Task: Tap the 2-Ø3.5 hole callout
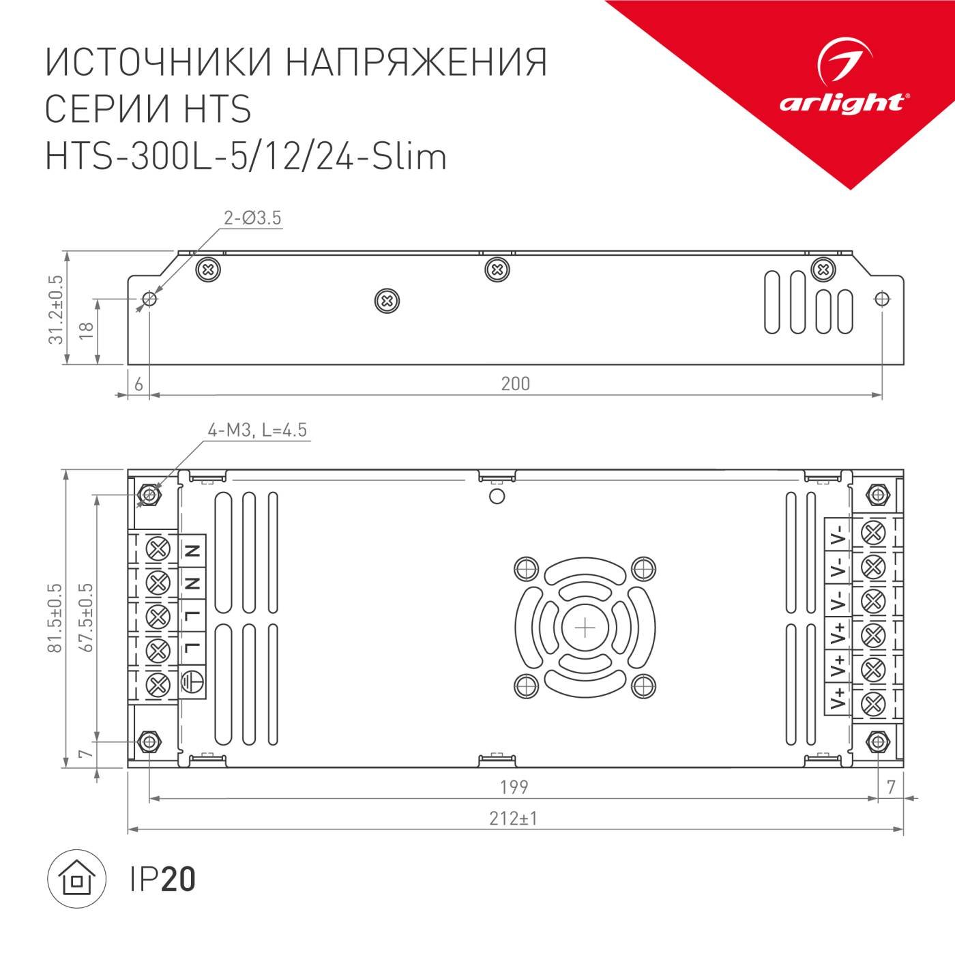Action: (252, 218)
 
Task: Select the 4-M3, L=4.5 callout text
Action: (257, 430)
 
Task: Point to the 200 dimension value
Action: (515, 384)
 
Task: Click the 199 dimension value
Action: (514, 787)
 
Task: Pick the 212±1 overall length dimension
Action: (514, 818)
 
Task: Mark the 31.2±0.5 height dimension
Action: (55, 309)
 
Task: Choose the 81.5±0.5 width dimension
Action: (55, 617)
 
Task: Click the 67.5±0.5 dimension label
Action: (86, 617)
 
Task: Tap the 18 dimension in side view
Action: (86, 332)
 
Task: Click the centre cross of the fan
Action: (585, 627)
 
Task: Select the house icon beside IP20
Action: (76, 879)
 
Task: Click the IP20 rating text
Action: (162, 879)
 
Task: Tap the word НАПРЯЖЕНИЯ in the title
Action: (415, 63)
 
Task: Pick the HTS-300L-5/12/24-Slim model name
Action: (246, 156)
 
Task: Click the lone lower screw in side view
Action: (387, 300)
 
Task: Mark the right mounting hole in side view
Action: (881, 299)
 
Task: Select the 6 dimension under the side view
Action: (138, 384)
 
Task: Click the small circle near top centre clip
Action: (497, 496)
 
